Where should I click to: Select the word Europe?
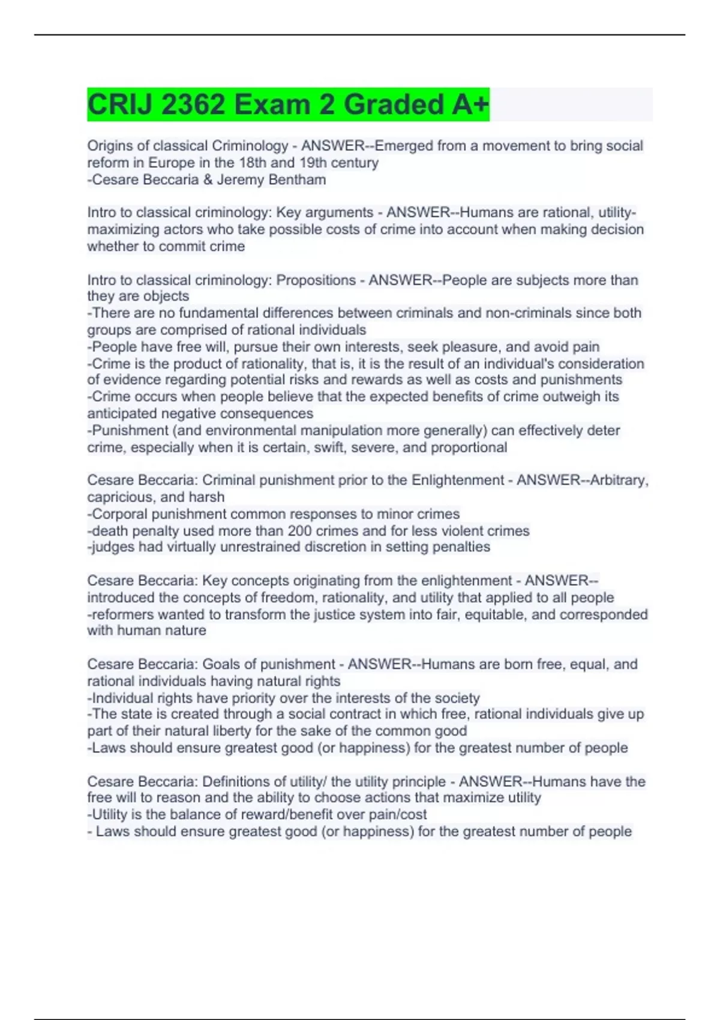(172, 163)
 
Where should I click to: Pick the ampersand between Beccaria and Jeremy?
(208, 179)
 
